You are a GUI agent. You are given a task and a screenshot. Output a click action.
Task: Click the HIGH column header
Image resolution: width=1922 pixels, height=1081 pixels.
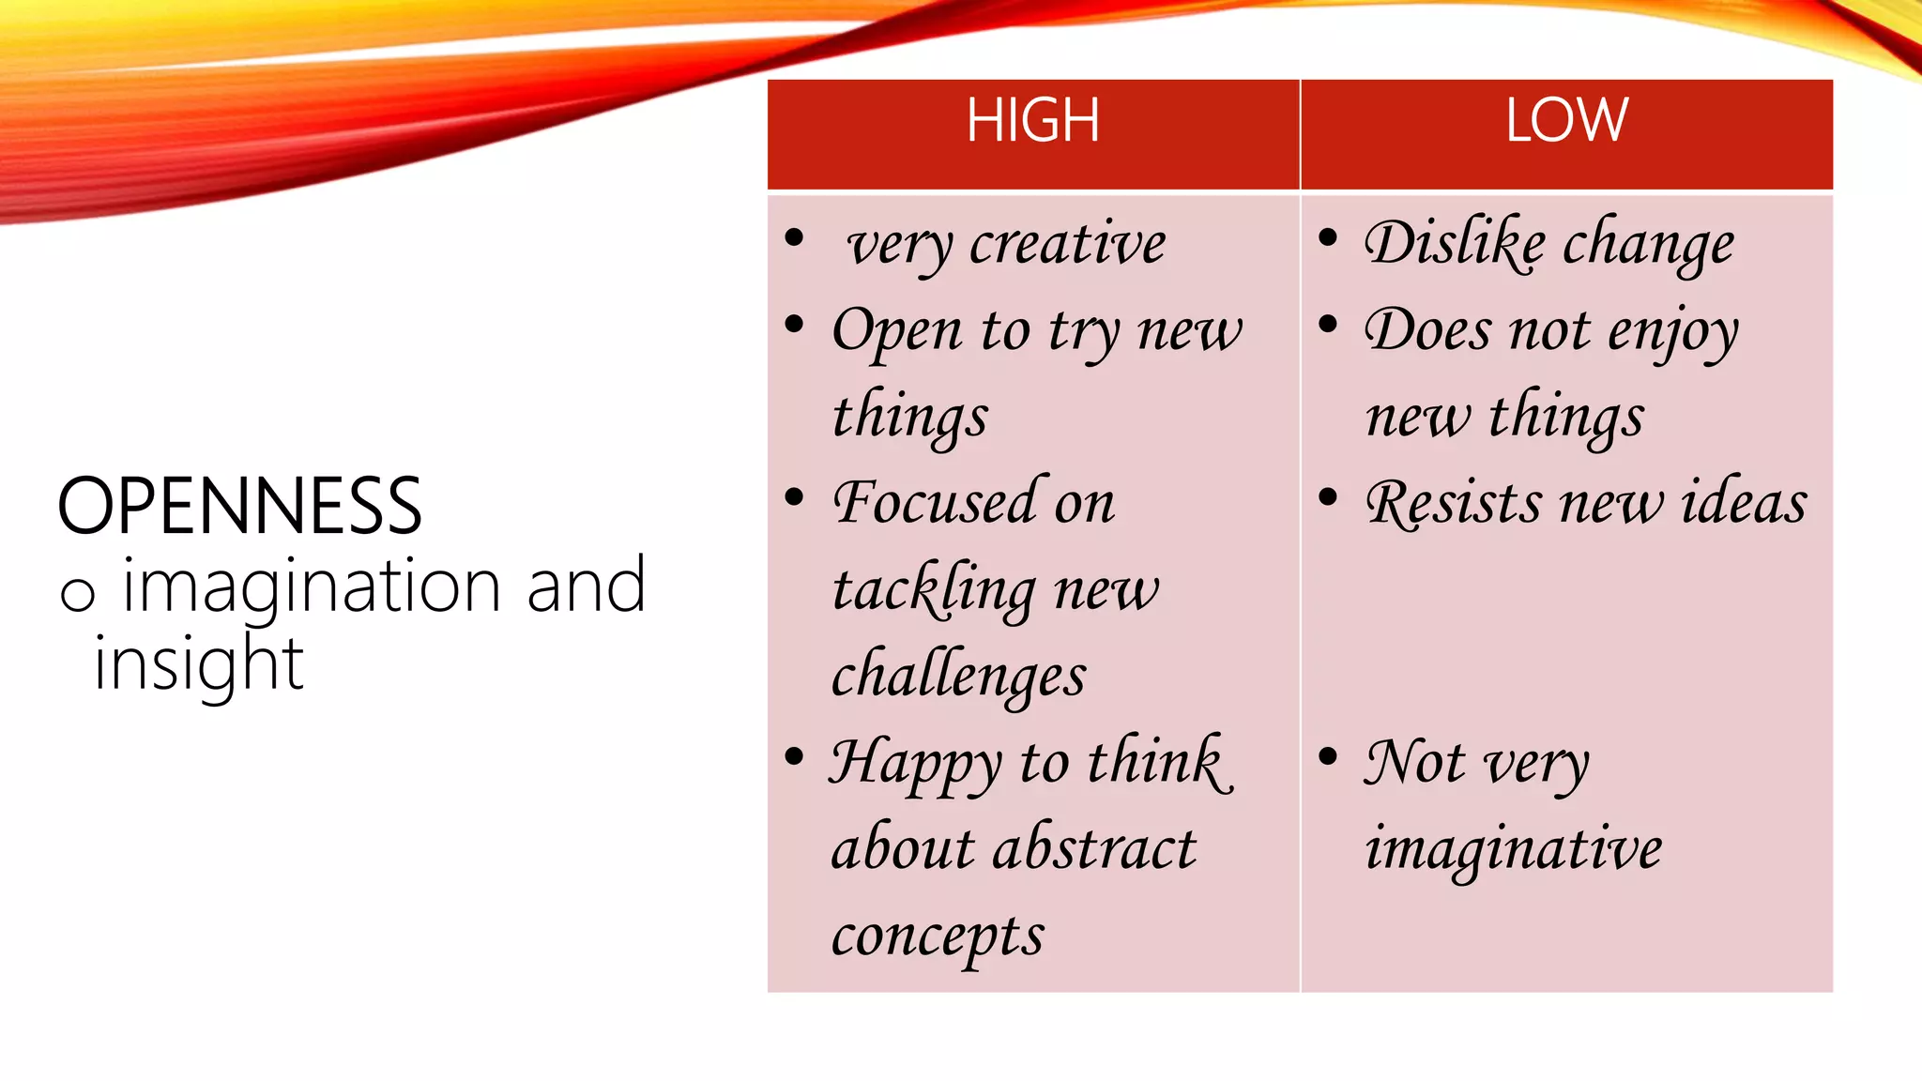click(x=1032, y=121)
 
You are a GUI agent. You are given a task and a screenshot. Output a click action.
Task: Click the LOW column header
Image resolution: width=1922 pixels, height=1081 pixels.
click(x=1566, y=121)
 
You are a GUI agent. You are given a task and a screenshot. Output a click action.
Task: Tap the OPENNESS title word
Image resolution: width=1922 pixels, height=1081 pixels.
click(x=240, y=506)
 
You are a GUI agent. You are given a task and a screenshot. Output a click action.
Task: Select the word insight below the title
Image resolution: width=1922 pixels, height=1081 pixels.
click(x=199, y=663)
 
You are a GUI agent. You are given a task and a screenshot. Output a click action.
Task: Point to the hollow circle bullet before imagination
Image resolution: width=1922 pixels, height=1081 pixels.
click(x=77, y=594)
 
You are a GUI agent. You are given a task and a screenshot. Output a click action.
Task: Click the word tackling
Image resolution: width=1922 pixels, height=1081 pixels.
click(x=934, y=590)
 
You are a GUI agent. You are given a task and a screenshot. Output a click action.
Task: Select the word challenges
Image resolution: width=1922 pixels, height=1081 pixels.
click(x=958, y=677)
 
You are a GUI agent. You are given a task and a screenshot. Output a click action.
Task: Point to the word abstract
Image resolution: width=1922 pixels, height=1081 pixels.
click(x=1093, y=848)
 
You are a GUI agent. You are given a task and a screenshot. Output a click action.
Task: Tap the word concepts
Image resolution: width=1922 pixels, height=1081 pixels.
click(x=937, y=936)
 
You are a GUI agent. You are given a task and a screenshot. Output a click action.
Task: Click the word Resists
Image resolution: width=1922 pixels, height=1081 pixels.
click(x=1453, y=503)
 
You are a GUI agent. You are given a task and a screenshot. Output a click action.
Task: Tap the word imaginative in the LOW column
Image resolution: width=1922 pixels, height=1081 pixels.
click(x=1513, y=848)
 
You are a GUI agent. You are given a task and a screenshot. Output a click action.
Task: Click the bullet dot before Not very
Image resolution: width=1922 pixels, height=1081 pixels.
click(x=1327, y=756)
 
